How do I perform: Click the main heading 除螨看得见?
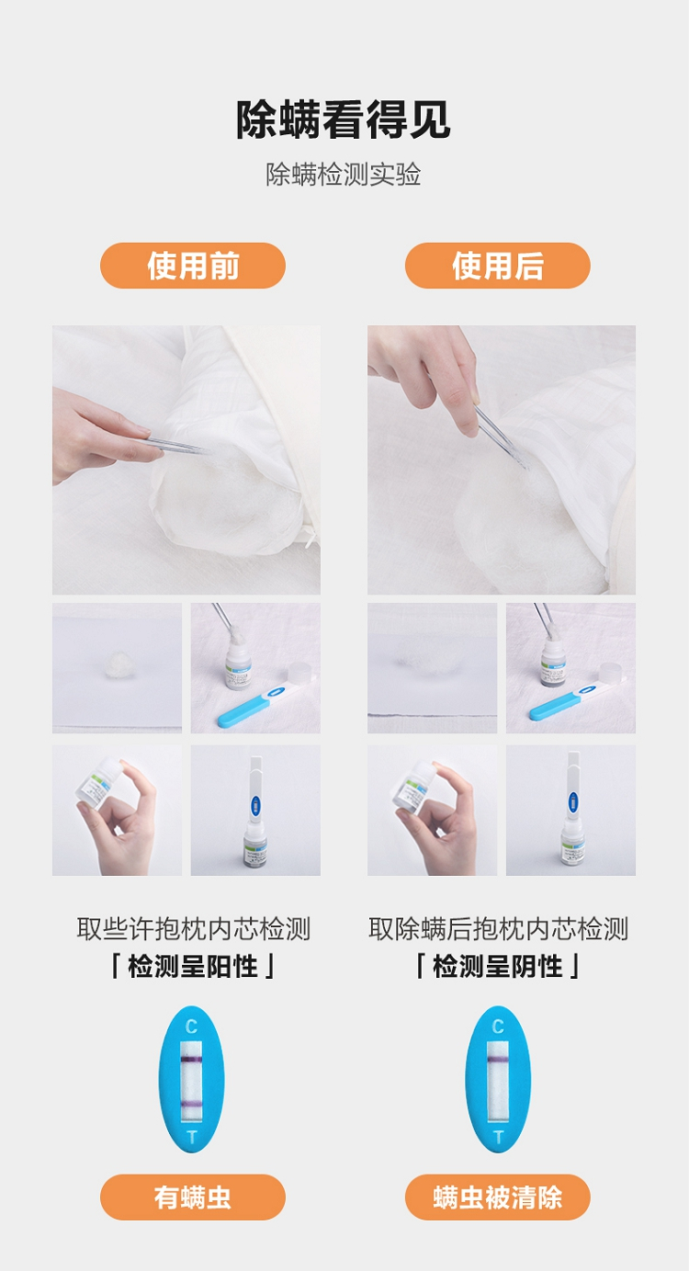click(344, 119)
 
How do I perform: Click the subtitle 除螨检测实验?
click(344, 175)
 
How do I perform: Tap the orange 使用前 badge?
click(193, 266)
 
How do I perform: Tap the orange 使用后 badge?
click(497, 266)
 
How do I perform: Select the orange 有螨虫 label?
click(193, 1197)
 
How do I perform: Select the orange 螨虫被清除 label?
click(497, 1197)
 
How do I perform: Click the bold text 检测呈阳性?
click(193, 966)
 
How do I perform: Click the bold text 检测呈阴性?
click(497, 966)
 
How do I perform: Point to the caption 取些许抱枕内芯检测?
click(193, 929)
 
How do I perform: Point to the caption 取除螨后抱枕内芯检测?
click(498, 929)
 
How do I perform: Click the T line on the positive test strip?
click(191, 1104)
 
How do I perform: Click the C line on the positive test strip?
click(191, 1060)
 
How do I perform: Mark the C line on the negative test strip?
click(498, 1060)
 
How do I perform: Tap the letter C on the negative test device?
click(498, 1026)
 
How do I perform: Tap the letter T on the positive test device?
click(192, 1137)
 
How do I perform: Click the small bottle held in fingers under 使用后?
click(413, 789)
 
